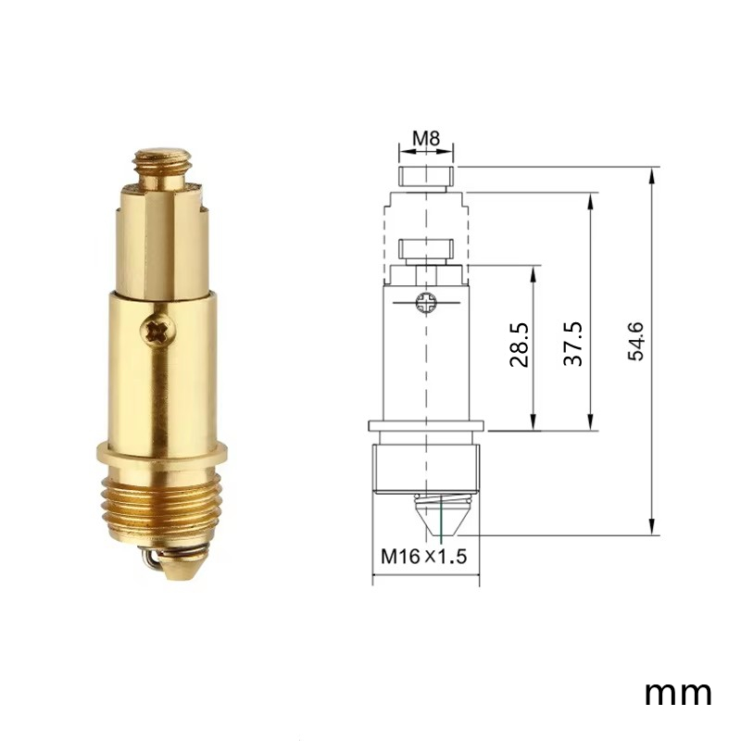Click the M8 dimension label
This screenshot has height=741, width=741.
(426, 140)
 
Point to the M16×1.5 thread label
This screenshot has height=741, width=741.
(422, 558)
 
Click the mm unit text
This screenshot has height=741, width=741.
(678, 692)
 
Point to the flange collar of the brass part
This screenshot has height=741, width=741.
(161, 456)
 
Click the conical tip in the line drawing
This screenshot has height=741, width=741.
(443, 514)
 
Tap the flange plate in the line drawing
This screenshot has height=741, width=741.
(426, 427)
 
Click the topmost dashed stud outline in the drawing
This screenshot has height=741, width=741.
(426, 175)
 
